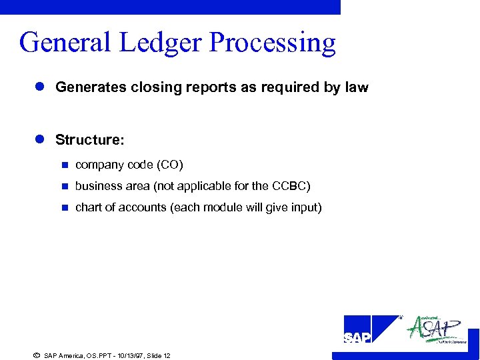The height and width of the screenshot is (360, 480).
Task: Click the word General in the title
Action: pos(64,43)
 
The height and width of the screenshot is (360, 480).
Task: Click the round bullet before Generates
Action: pos(39,87)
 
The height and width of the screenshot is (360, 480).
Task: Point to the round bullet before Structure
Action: pos(39,139)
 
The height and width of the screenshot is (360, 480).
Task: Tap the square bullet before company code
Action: pos(64,165)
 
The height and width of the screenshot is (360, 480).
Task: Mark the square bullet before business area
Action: pos(64,186)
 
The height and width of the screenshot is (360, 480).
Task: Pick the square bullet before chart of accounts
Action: pos(64,207)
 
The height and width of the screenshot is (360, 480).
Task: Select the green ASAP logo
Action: pos(437,329)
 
